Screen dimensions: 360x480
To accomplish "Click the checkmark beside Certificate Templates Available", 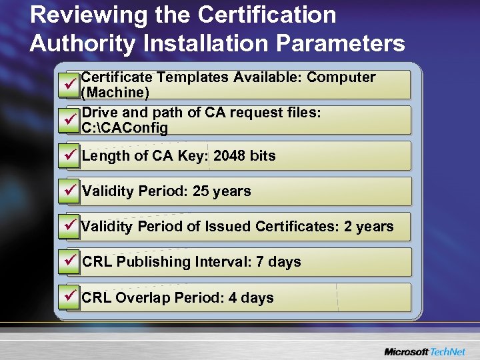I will point(68,85).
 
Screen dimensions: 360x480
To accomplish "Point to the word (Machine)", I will point(114,93).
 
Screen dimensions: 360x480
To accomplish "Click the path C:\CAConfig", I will point(124,128).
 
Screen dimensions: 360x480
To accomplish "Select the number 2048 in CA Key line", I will point(230,156).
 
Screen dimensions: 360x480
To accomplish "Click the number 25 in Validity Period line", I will point(201,191).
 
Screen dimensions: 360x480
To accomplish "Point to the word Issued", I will point(228,227).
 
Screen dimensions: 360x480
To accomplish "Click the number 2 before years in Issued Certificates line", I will point(348,227).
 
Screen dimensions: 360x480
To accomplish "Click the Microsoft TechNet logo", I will point(424,351).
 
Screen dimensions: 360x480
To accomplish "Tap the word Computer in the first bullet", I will point(341,77).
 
